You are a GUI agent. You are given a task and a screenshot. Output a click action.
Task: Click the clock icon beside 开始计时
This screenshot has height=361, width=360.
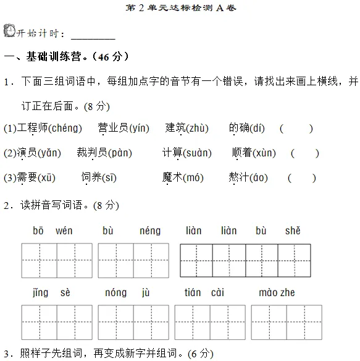click(9, 31)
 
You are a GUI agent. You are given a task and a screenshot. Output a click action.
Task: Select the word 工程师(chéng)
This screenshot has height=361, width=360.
click(50, 129)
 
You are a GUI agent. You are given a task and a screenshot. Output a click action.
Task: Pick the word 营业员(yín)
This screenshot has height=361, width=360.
click(123, 129)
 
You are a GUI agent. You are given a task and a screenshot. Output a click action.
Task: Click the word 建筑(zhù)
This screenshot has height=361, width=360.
click(187, 129)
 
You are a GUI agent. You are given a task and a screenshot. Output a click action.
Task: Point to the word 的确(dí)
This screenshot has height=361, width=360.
click(247, 129)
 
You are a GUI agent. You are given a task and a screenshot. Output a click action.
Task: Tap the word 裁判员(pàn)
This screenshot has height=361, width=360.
click(104, 153)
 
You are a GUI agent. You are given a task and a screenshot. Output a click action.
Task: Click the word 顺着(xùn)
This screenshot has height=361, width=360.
click(254, 153)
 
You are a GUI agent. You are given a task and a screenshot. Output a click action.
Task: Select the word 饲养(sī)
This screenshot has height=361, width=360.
click(99, 177)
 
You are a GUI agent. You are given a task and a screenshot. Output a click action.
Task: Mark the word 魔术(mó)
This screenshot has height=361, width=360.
click(183, 177)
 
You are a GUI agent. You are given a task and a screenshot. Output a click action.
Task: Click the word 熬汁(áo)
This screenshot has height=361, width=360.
click(248, 177)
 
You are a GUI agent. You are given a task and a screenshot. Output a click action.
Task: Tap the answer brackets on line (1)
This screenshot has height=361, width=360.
click(296, 129)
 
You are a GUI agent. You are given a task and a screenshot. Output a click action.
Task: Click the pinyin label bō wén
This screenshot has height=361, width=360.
click(52, 231)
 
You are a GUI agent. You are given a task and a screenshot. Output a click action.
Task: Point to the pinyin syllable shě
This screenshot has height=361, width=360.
click(293, 231)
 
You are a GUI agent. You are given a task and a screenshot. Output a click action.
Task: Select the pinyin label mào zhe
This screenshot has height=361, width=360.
click(277, 292)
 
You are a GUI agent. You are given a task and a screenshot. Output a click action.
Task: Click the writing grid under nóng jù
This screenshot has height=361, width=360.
click(133, 322)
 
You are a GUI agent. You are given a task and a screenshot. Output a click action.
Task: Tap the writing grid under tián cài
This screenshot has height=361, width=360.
click(210, 322)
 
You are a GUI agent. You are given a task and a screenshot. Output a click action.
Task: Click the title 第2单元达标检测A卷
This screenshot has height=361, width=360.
click(180, 9)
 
